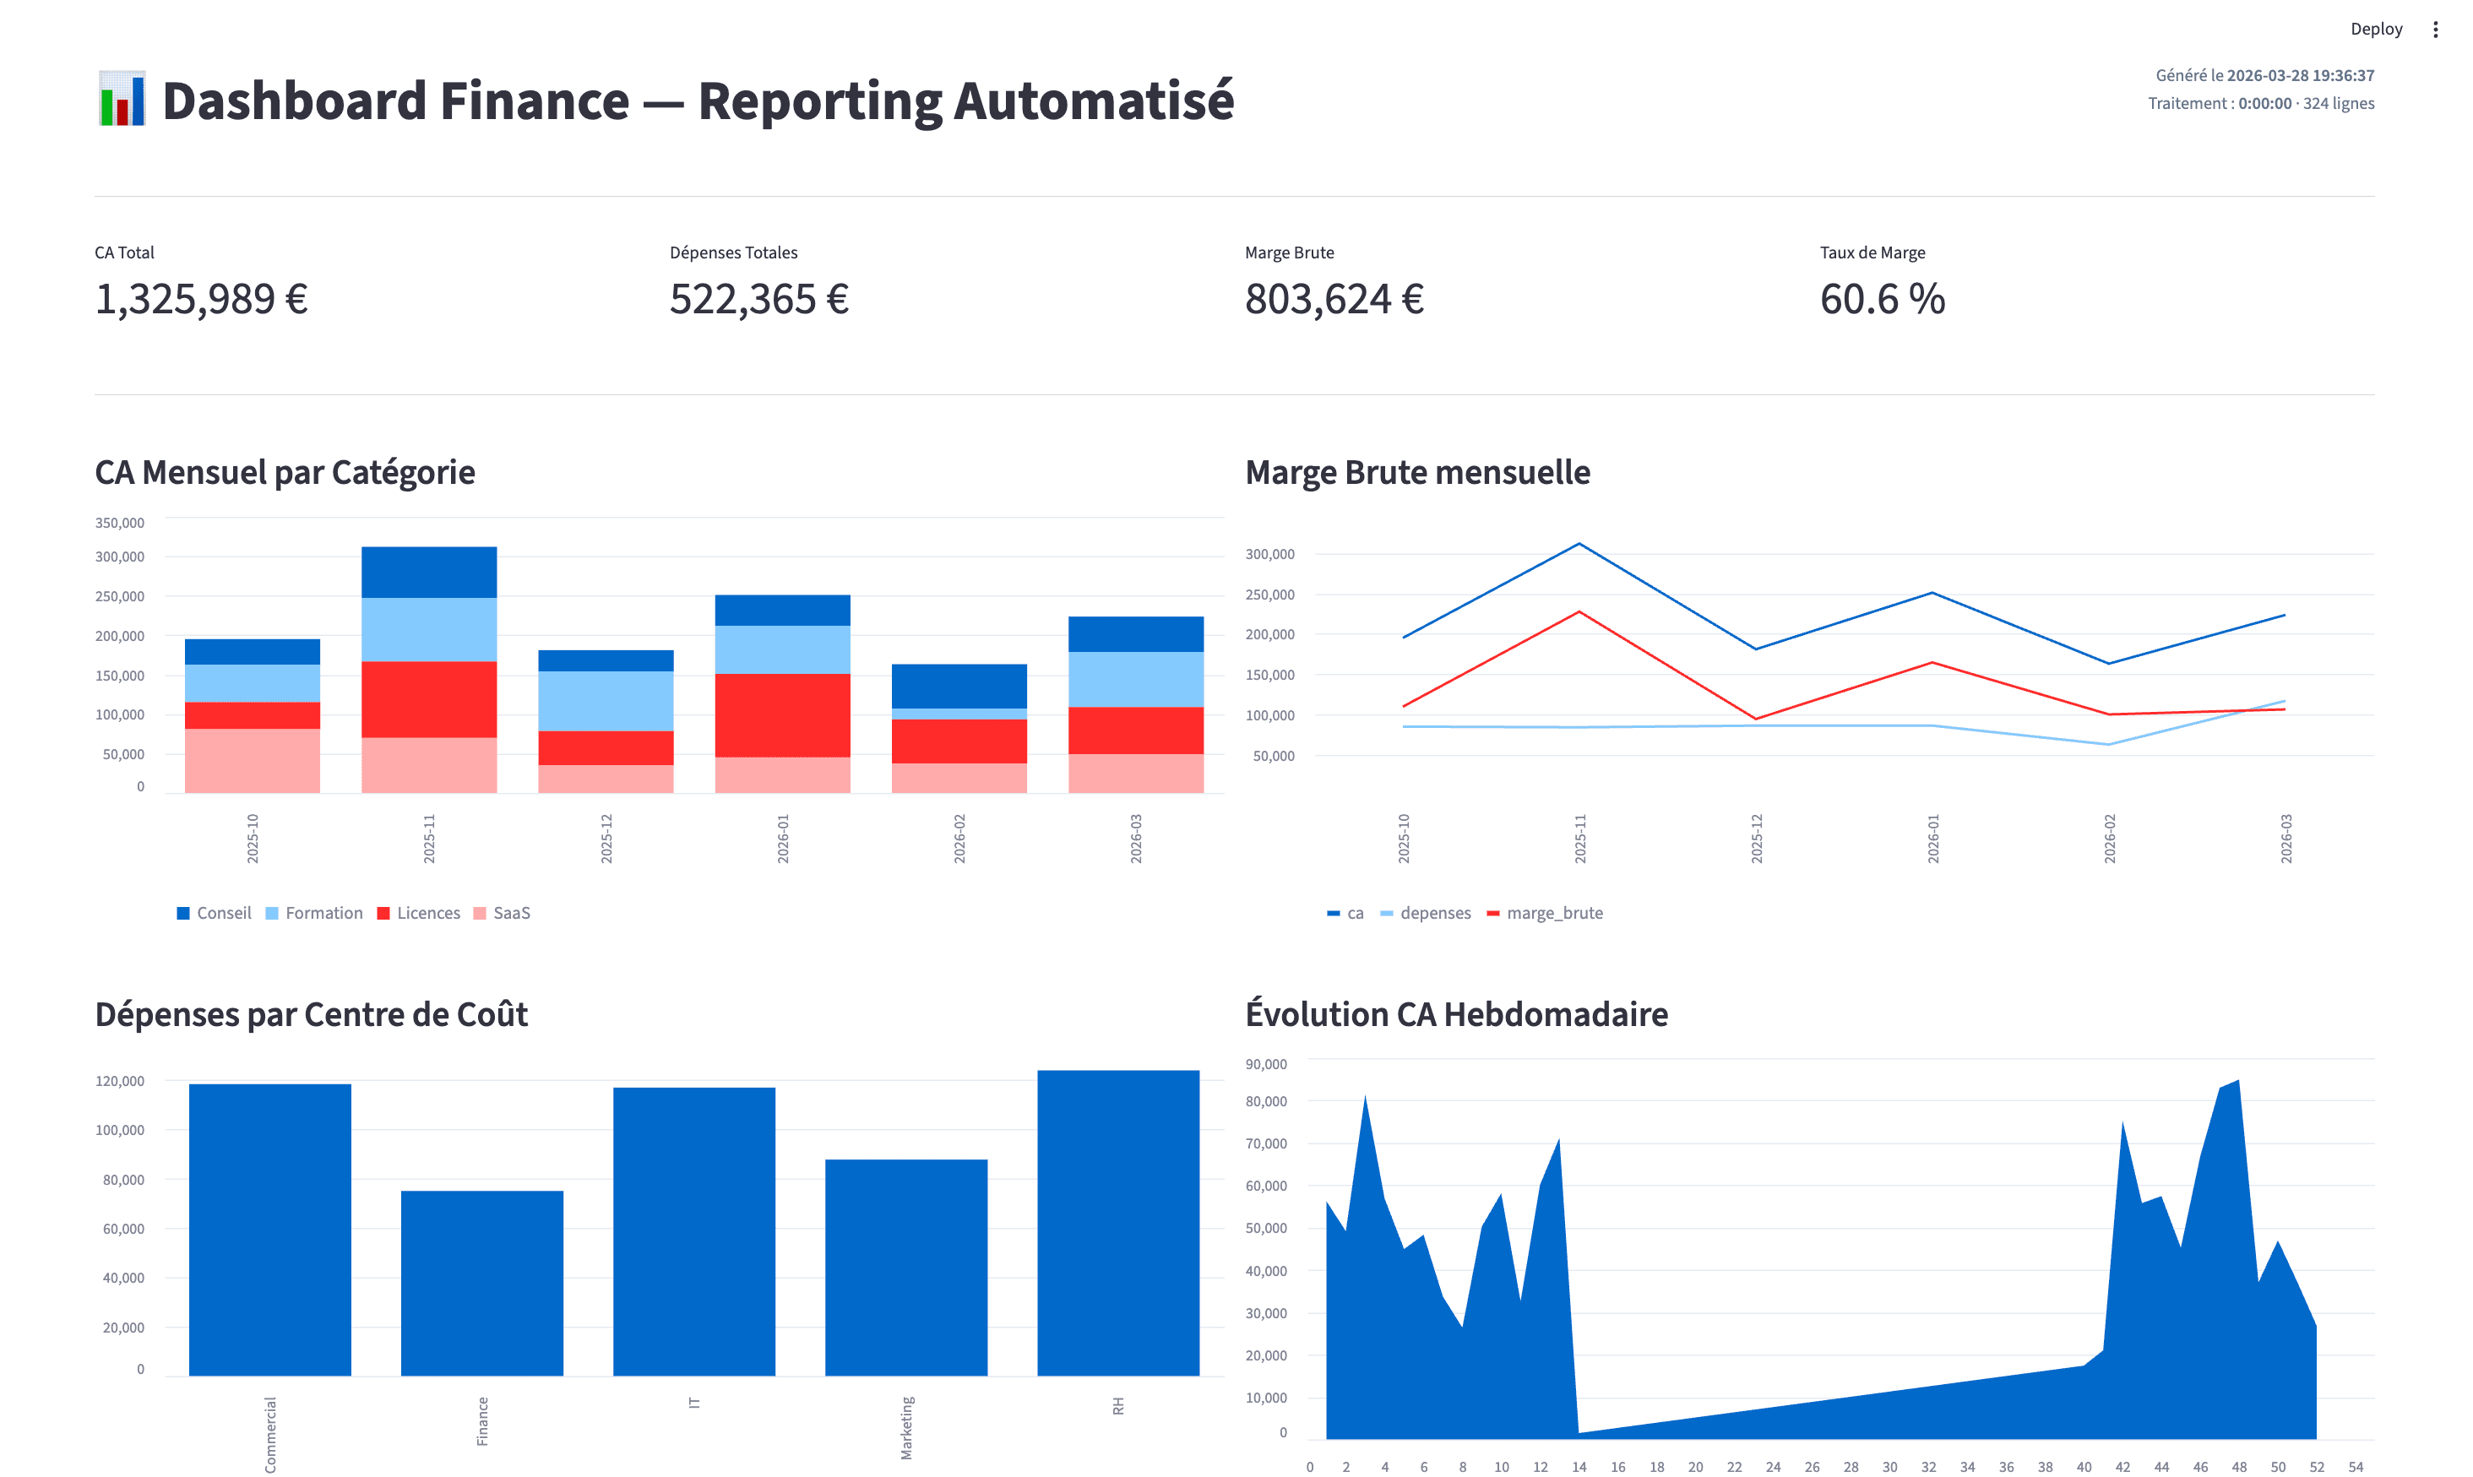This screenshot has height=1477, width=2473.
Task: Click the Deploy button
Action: [x=2376, y=29]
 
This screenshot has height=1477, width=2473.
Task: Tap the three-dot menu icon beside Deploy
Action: [x=2435, y=29]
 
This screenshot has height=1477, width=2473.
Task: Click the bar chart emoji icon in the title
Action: [x=122, y=100]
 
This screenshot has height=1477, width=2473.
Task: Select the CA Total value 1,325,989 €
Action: [x=201, y=299]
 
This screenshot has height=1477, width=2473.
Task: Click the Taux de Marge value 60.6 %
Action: [x=1882, y=299]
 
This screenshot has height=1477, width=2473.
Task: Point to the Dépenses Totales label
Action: [x=733, y=253]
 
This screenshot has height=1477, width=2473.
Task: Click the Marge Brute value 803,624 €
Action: [x=1334, y=299]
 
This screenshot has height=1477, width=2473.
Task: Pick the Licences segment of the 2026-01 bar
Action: [x=782, y=714]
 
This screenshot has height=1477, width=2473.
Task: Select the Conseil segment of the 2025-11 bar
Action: [x=429, y=573]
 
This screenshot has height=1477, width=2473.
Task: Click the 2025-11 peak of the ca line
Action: [x=1579, y=545]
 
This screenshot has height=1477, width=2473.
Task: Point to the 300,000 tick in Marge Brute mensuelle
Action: [x=1269, y=554]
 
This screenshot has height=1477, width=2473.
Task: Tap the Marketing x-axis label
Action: [x=906, y=1427]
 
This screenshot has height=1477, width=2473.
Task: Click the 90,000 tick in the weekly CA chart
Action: [x=1266, y=1064]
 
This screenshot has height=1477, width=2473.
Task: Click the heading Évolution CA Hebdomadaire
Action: [x=1456, y=1014]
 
